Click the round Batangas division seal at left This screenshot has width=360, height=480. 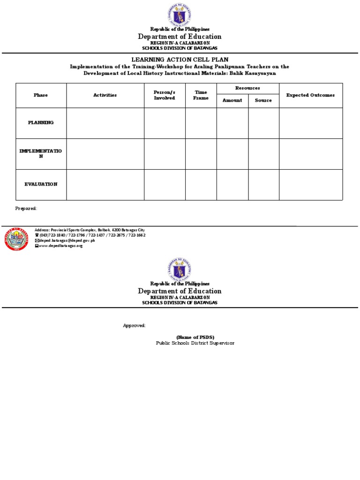16,238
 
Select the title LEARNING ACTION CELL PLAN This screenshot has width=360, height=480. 180,60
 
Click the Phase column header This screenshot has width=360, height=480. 41,95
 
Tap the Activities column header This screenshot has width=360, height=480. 105,95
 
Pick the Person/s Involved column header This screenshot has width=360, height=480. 165,95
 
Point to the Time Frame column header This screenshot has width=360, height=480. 201,95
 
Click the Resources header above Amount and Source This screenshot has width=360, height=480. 247,88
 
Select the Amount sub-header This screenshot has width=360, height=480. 232,100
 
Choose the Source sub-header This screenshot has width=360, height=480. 263,100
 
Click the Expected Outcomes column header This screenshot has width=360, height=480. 310,95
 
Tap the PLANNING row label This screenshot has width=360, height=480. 41,122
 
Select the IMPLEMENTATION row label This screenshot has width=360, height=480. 41,153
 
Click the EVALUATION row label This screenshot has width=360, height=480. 41,184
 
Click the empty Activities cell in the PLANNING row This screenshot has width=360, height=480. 105,123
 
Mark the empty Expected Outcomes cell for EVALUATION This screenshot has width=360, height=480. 310,185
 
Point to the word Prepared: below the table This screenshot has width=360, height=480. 26,208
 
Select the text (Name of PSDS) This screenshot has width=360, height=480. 195,337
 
